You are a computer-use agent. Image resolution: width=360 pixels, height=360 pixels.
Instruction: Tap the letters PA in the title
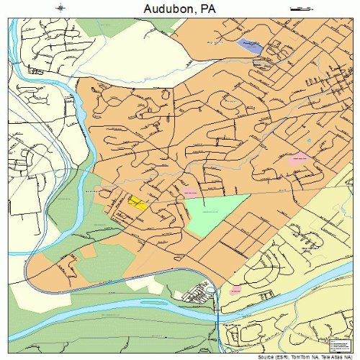pos(207,8)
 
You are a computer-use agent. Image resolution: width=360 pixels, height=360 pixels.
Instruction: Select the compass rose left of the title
pos(59,8)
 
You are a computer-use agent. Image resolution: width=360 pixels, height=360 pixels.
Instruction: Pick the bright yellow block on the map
pos(137,203)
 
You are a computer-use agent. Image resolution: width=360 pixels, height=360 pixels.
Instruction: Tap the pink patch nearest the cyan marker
pos(297,156)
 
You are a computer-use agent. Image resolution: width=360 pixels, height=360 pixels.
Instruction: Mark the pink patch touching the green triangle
pos(189,193)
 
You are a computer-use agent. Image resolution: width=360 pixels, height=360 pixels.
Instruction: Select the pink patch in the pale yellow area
pos(235,289)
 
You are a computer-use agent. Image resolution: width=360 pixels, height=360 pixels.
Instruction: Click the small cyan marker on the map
pos(309,140)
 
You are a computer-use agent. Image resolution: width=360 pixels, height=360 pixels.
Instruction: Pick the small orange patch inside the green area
pos(88,252)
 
